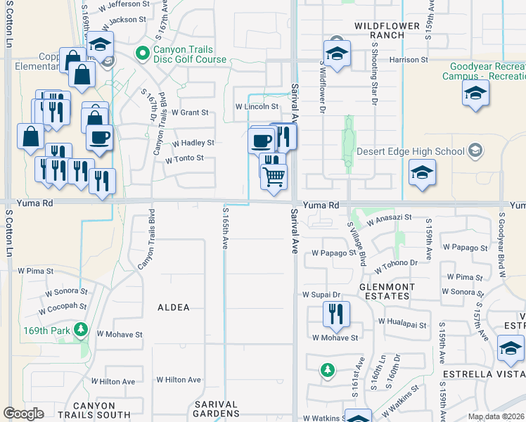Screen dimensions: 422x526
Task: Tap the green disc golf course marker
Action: pyautogui.click(x=143, y=52)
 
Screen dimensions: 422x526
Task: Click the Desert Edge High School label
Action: pyautogui.click(x=411, y=151)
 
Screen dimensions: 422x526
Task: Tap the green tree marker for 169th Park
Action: pyautogui.click(x=82, y=328)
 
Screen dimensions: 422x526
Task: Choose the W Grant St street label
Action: pyautogui.click(x=190, y=113)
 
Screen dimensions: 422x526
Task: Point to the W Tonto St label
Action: pyautogui.click(x=184, y=159)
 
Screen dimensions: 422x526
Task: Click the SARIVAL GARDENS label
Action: pyautogui.click(x=217, y=414)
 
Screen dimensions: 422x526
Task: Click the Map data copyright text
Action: pyautogui.click(x=495, y=416)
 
